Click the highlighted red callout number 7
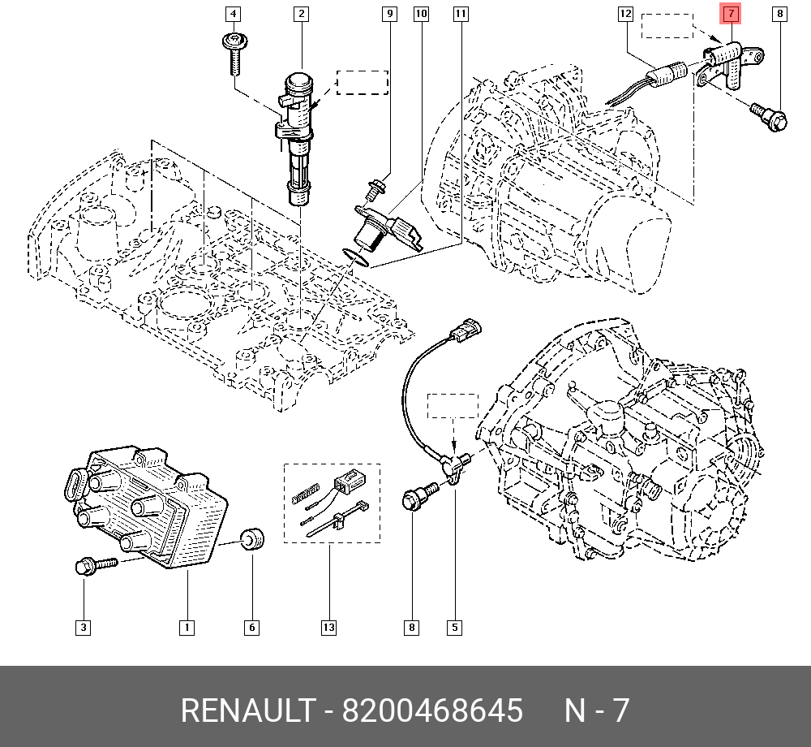click(731, 14)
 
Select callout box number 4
click(234, 14)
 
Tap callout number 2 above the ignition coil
click(301, 14)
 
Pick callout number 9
click(389, 14)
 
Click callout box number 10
click(421, 14)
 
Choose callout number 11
click(461, 14)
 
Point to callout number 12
click(625, 14)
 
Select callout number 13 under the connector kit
click(329, 628)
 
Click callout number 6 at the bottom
click(252, 628)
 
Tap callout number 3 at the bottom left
click(84, 628)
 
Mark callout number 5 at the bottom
click(454, 628)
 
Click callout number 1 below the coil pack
click(187, 628)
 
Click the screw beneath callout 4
click(234, 52)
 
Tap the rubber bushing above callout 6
click(253, 539)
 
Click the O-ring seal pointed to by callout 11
click(356, 258)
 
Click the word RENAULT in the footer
click(248, 710)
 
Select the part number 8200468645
click(432, 710)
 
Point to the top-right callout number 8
click(779, 14)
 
